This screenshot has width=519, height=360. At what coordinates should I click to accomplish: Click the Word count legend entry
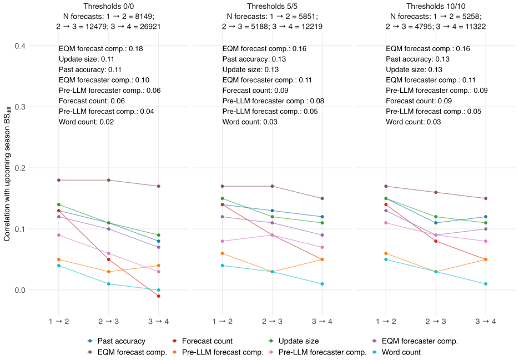(x=396, y=352)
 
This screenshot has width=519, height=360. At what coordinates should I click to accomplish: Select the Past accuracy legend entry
(x=117, y=341)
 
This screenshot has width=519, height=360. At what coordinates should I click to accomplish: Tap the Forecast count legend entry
(x=202, y=341)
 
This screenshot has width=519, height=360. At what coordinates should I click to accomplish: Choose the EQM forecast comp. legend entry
(x=127, y=352)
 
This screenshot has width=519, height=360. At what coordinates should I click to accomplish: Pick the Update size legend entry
(x=294, y=341)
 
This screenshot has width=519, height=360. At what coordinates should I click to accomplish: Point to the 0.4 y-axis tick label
(x=20, y=46)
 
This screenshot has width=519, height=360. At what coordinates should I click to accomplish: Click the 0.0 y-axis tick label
(x=20, y=290)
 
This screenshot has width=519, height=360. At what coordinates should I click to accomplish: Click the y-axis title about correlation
(x=7, y=174)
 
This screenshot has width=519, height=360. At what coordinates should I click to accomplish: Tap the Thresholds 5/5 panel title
(x=272, y=6)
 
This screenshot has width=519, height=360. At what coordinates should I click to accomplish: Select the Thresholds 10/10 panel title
(x=436, y=6)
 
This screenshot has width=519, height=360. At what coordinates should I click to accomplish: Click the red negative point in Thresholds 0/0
(x=159, y=296)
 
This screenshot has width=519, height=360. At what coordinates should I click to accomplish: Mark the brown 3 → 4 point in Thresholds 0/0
(x=159, y=186)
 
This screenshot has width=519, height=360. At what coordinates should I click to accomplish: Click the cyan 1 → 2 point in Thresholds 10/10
(x=386, y=259)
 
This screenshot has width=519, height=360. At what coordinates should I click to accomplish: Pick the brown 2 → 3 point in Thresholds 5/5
(x=272, y=186)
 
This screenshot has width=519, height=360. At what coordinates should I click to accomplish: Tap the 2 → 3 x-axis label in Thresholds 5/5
(x=272, y=321)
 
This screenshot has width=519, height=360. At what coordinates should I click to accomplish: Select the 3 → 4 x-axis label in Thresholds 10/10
(x=486, y=321)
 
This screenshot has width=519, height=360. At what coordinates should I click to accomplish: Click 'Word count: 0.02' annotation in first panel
(x=87, y=122)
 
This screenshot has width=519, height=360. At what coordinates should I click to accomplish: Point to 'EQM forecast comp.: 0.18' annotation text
(x=101, y=49)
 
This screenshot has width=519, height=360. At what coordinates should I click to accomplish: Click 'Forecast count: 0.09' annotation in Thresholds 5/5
(x=255, y=91)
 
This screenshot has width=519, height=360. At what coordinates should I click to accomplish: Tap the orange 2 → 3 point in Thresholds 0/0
(x=109, y=272)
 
